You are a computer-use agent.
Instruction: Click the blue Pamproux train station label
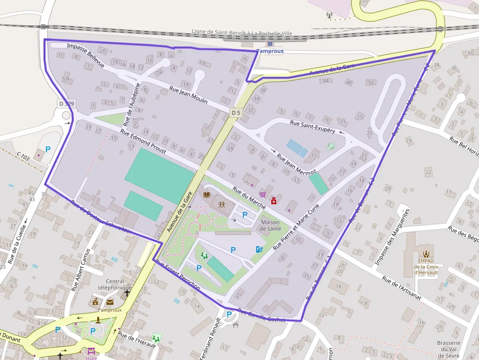[x=270, y=51]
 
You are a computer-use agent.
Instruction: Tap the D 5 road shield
[x=236, y=113]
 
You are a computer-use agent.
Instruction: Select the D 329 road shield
[x=66, y=103]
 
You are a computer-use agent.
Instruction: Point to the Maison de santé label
[x=270, y=225]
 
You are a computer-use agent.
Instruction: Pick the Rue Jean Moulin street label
[x=188, y=95]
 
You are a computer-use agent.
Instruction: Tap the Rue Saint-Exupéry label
[x=312, y=127]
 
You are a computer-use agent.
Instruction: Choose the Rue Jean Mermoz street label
[x=297, y=165]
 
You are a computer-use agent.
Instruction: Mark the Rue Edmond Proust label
[x=143, y=142]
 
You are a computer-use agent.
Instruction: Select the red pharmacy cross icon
[x=274, y=201]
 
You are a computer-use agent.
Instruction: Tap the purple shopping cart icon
[x=262, y=194]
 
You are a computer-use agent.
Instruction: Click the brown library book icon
[x=207, y=195]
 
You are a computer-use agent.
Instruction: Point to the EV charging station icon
[x=259, y=250]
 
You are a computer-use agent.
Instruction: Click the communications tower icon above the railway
[x=329, y=15]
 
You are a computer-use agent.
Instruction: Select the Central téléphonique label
[x=115, y=284]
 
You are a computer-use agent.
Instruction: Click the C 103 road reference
[x=23, y=157]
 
